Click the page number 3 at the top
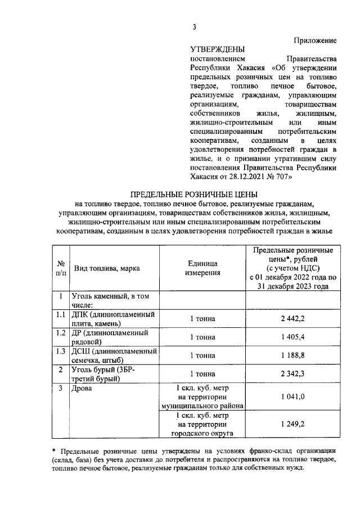click(194, 26)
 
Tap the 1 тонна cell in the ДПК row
click(202, 319)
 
